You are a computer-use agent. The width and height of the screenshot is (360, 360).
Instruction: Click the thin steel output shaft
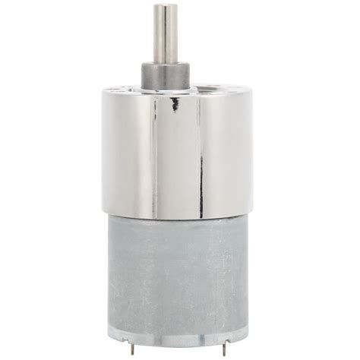166,34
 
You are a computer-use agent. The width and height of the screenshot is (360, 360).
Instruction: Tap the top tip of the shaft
166,7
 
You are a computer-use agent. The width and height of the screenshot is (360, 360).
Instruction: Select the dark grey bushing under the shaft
166,75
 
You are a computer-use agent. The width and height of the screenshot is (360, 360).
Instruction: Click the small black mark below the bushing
175,104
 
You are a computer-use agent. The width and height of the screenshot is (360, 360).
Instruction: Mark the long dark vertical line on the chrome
201,152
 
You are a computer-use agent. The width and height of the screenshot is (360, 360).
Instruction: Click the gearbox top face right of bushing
220,90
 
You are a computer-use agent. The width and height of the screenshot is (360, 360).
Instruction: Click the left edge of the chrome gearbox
104,152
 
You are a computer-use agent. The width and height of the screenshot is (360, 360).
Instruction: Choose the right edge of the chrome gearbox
251,152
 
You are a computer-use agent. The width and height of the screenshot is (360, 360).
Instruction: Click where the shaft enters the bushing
166,63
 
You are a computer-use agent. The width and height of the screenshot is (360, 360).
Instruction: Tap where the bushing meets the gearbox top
166,89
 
